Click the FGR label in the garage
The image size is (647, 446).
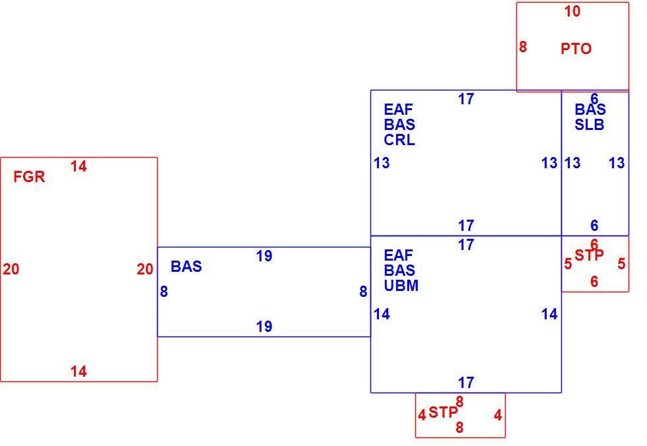[29, 177]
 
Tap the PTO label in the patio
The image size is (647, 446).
[576, 49]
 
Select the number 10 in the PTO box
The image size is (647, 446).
[572, 11]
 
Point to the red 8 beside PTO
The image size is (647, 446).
[523, 47]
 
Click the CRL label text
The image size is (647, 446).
[399, 140]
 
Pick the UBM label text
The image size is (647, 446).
[401, 285]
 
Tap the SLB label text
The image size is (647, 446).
[589, 125]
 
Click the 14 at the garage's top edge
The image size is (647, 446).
[79, 166]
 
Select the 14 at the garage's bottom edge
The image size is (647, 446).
[79, 371]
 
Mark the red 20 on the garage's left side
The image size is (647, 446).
[11, 269]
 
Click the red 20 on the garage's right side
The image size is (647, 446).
[145, 269]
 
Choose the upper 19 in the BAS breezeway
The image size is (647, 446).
[264, 256]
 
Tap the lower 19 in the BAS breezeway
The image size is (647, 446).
[264, 327]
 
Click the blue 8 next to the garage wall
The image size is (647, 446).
[164, 292]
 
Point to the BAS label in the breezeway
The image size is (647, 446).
[186, 267]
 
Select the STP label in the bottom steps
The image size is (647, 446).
[443, 412]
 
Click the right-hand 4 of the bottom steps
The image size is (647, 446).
[498, 415]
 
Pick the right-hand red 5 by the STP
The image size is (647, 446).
[621, 264]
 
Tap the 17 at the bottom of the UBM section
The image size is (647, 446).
[466, 383]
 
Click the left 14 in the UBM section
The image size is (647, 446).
[382, 315]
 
